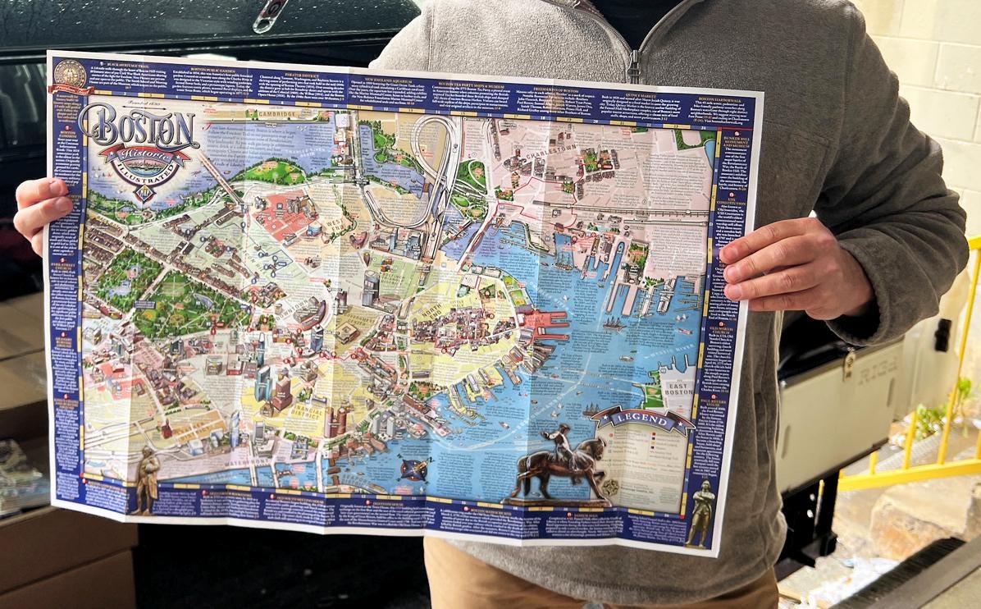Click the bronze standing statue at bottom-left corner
coord(147,480)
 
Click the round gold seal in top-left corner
coord(71,73)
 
